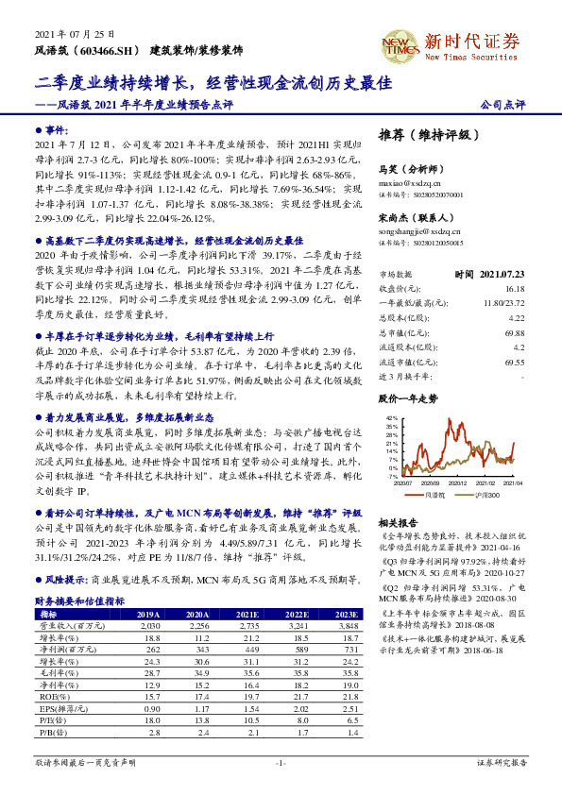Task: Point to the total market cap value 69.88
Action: [515, 333]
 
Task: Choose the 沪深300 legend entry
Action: [488, 493]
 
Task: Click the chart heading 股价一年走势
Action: [408, 399]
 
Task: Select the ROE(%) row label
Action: [51, 696]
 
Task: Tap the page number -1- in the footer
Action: [281, 763]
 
